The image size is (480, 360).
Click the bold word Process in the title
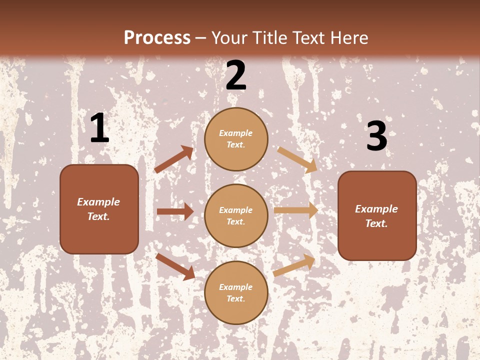157,38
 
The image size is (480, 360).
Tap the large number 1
99,128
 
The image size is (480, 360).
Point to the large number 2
236,75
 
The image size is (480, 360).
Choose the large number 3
376,136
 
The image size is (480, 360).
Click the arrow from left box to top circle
173,159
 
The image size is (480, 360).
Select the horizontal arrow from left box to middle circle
175,211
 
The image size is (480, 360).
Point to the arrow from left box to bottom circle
175,266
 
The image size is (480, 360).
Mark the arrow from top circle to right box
297,159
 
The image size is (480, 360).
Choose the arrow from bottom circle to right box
294,265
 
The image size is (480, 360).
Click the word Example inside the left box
98,202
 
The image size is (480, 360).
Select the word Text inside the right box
376,223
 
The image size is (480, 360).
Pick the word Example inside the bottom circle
236,287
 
